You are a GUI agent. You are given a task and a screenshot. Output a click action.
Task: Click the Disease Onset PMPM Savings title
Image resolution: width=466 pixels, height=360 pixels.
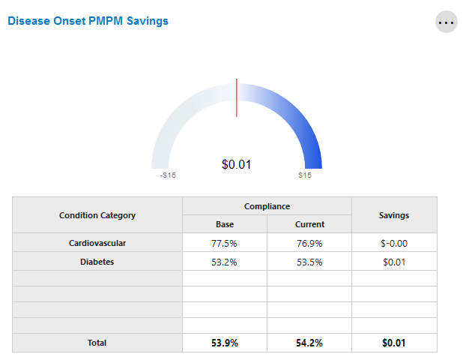point(88,21)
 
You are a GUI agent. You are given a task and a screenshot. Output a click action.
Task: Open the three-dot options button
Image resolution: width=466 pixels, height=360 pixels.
point(447,22)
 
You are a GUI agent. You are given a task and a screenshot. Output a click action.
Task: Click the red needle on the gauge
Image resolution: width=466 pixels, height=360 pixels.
point(237,97)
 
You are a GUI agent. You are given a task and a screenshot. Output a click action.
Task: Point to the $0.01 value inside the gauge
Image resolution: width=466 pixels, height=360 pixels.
point(237,164)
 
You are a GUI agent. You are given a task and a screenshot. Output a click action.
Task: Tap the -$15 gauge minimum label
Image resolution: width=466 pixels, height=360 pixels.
point(168,176)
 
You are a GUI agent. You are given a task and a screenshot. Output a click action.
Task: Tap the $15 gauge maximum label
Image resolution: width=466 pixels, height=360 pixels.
point(305,176)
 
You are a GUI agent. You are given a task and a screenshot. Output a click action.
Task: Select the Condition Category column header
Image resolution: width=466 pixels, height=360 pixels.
point(97,215)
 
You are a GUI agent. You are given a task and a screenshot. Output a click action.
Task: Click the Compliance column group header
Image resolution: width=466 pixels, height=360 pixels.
point(267,206)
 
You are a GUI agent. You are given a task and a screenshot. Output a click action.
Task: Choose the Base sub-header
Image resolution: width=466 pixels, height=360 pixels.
point(225,224)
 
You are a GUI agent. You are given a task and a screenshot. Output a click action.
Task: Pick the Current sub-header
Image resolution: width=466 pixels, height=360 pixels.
point(309,224)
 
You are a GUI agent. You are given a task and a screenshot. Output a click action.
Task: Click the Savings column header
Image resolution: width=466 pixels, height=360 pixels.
point(394,215)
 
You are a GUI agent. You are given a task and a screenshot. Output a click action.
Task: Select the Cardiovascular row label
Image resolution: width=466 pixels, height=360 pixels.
point(97,243)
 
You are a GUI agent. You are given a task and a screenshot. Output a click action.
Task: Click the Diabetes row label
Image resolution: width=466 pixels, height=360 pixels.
point(97,262)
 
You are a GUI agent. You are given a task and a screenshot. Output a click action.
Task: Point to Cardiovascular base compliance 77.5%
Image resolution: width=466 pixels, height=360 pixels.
point(225,243)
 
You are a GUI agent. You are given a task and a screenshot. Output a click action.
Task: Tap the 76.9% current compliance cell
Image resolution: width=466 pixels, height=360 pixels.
point(309,243)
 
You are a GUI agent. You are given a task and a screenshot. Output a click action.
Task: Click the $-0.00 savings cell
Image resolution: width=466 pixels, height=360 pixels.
point(394,243)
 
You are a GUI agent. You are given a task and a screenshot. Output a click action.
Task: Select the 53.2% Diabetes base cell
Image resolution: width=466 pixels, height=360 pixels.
point(225,262)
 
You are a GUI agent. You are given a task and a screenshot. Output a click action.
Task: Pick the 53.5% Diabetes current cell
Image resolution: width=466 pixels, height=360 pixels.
point(309,262)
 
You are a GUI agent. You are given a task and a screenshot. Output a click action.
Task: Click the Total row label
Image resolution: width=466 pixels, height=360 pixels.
point(97,343)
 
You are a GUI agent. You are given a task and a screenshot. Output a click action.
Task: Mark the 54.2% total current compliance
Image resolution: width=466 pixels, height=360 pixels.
point(309,343)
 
